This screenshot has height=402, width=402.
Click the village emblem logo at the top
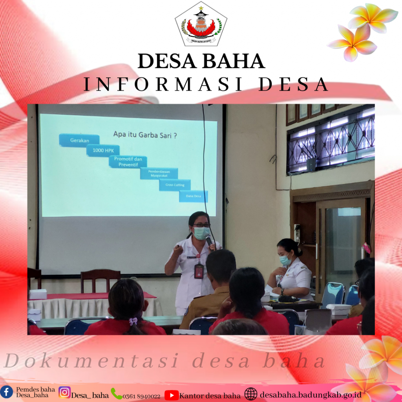pos(201,24)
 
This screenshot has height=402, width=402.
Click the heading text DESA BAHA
pos(201,62)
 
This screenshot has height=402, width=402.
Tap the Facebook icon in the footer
pos(7,391)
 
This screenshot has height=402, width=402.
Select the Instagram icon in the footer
pos(65,392)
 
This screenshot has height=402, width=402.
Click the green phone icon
pos(116,393)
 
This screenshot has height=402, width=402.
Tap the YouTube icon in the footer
pos(171,395)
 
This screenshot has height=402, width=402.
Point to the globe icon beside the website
pos(251,394)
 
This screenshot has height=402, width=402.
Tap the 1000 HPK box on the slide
pos(103,150)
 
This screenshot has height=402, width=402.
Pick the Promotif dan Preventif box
pos(128,161)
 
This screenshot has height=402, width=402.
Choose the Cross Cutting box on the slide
pos(175,185)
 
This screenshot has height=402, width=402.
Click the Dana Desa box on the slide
pos(193,196)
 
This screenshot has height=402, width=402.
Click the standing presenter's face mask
pos(202,233)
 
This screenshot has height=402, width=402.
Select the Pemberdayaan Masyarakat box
pos(159,173)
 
